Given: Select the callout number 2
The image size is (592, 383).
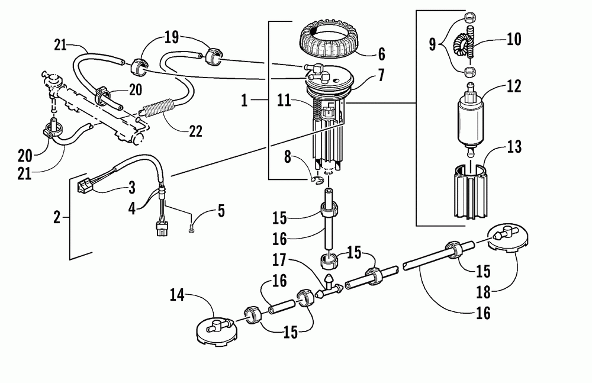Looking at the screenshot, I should pyautogui.click(x=57, y=218).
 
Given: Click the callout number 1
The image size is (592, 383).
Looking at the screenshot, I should pyautogui.click(x=247, y=101).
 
